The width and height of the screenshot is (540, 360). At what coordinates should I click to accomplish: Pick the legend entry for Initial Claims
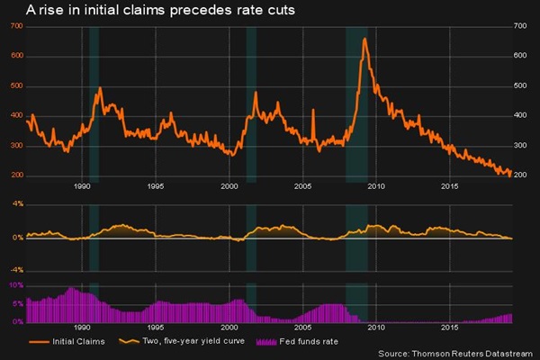coord(70,342)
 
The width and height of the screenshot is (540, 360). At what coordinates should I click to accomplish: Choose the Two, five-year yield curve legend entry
coord(183,342)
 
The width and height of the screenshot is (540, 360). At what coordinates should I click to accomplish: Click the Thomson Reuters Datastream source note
coord(454,353)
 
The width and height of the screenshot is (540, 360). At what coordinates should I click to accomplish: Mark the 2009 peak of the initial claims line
coord(364,39)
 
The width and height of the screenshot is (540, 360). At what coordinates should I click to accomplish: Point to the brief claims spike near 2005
coord(312,110)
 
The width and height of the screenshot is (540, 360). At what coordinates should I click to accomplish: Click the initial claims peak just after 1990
coord(99,88)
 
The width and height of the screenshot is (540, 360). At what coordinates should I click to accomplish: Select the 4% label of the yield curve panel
coord(16,204)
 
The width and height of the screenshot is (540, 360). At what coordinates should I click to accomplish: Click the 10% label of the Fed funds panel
coord(15,284)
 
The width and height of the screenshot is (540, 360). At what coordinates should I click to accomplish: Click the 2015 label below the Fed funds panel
coord(450,328)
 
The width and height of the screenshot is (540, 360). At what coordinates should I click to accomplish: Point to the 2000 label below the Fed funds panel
coord(229,328)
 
